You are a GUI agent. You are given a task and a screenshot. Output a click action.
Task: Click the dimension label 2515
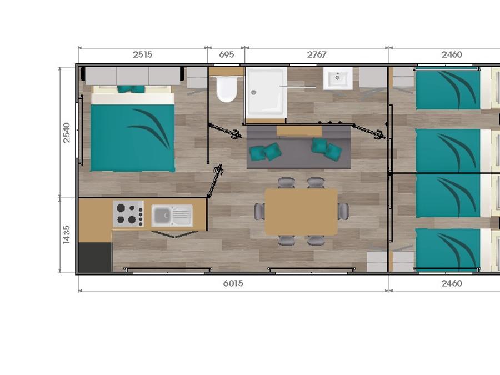pos(143,55)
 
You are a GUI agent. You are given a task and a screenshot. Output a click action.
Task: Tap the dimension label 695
pos(227,55)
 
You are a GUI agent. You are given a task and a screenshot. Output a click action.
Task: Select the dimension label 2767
pos(317,55)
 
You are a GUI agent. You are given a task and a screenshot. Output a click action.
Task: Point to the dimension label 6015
pos(233,283)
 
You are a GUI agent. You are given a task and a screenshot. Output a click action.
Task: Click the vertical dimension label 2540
pos(66,133)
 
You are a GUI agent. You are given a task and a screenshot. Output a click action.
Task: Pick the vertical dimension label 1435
pos(66,234)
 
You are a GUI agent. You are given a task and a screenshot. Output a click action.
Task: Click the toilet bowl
pos(227,89)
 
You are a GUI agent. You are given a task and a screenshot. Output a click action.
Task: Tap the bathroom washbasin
pos(337,78)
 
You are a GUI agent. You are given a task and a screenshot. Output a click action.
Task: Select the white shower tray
pos(266,92)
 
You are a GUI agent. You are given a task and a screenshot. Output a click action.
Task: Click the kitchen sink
pos(172,216)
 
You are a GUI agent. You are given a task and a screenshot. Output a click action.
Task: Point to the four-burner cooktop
pos(128,214)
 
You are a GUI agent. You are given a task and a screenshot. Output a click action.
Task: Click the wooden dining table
pos(301,212)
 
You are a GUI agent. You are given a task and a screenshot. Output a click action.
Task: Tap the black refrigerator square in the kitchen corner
pos(95,257)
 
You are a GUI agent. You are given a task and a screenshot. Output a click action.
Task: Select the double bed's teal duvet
pos(133,138)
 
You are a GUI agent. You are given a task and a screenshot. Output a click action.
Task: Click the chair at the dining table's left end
pos(259,212)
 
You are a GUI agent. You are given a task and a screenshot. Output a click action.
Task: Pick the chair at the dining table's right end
pos(343,211)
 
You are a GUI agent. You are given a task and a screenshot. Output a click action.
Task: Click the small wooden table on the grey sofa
pos(299,131)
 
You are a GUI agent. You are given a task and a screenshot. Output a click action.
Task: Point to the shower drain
pos(253,92)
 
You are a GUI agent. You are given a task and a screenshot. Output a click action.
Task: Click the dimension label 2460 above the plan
pos(452,55)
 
